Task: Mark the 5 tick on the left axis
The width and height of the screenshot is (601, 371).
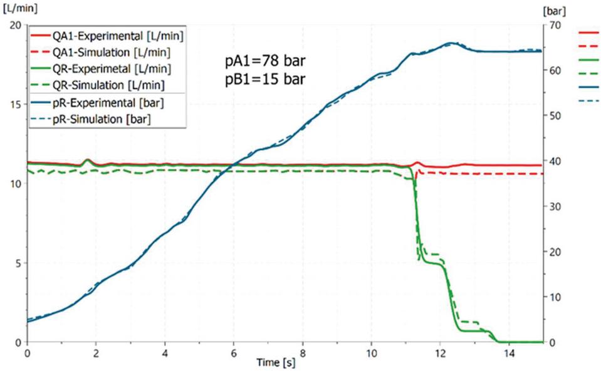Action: click(x=18, y=263)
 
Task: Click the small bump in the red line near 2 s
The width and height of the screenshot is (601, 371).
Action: click(x=86, y=160)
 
